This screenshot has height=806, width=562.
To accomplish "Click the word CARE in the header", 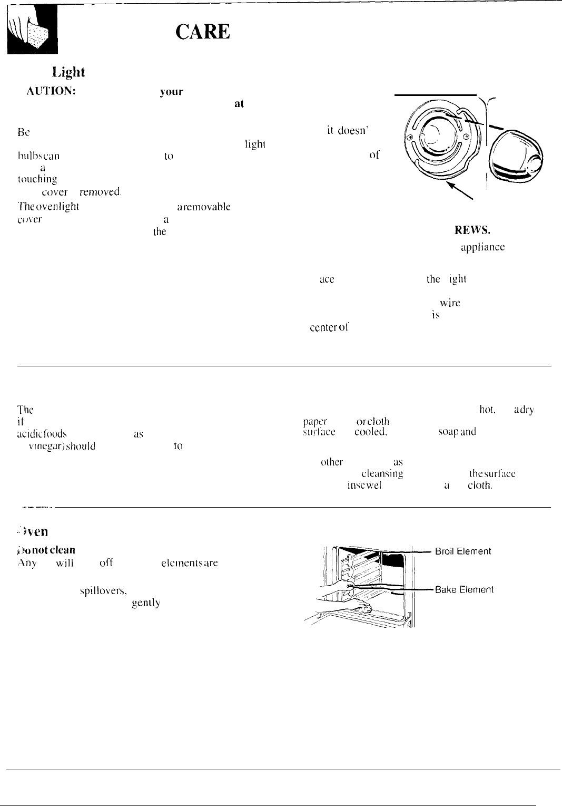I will (203, 33).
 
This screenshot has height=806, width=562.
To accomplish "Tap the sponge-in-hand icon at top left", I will (33, 35).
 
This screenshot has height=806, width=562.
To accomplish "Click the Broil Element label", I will (463, 551).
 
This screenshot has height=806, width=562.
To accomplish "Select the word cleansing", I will (382, 474).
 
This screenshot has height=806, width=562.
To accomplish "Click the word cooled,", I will (371, 432).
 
